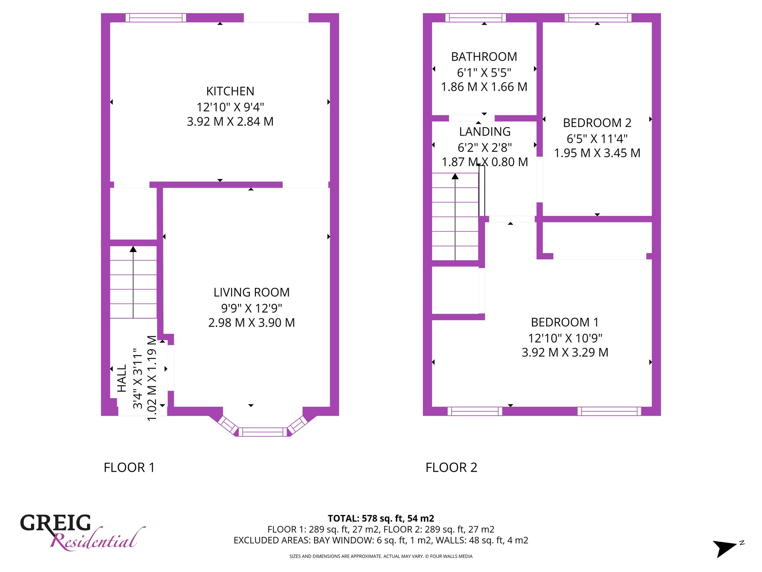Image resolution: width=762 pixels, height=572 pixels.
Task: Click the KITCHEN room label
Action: point(230,91)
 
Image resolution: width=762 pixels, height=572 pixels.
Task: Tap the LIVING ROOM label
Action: point(252,292)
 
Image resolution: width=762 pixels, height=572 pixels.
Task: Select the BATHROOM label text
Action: point(484,57)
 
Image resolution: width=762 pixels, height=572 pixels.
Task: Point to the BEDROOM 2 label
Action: point(597,123)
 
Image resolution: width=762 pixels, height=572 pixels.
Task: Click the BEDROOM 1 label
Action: point(565,322)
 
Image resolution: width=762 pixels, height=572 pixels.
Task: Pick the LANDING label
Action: point(485,131)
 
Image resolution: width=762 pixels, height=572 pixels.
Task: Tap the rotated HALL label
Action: point(122,378)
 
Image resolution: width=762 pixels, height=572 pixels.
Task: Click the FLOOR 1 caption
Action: point(129,467)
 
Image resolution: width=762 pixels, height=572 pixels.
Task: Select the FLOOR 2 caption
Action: point(451,467)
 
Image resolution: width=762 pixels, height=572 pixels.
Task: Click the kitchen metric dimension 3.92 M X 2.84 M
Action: point(230,121)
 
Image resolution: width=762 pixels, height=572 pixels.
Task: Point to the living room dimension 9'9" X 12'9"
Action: point(252,308)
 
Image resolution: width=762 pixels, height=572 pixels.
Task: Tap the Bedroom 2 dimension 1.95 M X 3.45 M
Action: point(597,153)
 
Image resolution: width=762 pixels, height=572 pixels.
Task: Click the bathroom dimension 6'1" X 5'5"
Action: point(484,72)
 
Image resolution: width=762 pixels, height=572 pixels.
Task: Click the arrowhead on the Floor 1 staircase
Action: point(133,249)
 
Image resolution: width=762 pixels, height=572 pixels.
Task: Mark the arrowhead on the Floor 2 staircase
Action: point(455,176)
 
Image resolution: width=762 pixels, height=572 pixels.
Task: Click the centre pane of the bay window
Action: point(263,432)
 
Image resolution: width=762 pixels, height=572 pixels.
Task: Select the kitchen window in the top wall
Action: point(156,18)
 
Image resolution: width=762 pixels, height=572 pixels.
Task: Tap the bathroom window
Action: point(476,18)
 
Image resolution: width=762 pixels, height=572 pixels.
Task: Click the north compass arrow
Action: point(724,548)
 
